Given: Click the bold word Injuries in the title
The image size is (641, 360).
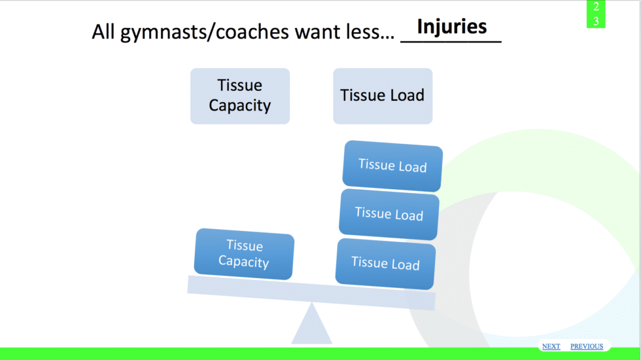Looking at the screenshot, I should [452, 26].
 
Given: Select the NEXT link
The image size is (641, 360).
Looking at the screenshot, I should [551, 346].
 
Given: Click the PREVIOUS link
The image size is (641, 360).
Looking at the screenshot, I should [587, 346].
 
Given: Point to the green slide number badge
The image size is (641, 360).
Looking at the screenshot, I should [596, 14].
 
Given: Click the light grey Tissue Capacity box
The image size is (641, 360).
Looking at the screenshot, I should [240, 96].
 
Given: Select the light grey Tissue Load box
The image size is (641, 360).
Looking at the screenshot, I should [383, 96].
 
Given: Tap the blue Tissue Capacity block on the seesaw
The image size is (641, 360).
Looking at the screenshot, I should [244, 254].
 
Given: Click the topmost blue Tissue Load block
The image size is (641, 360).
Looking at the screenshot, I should [392, 166].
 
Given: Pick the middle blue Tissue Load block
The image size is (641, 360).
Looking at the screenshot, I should [389, 214].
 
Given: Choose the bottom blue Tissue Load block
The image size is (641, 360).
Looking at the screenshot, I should [385, 263].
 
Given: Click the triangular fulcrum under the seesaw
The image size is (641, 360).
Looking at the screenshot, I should [312, 325].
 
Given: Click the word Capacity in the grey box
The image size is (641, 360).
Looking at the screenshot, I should [240, 106].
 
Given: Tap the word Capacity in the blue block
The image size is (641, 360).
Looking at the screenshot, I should [243, 262].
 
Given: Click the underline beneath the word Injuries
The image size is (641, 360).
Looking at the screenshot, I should [451, 41].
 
